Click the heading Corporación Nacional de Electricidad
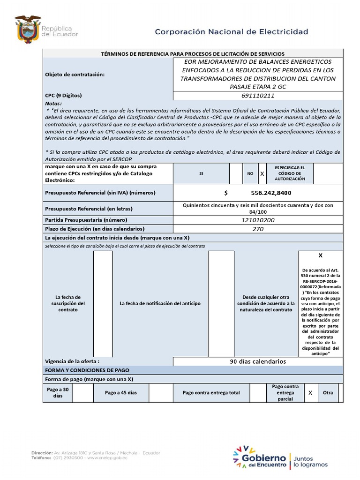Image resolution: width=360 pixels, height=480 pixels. pyautogui.click(x=232, y=32)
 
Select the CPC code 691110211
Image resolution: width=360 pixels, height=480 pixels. pyautogui.click(x=258, y=96)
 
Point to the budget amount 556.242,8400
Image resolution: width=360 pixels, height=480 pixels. pyautogui.click(x=271, y=193)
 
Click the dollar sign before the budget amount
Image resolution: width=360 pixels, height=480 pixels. pyautogui.click(x=226, y=193)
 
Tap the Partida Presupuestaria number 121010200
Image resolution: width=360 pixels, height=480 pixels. pyautogui.click(x=258, y=220)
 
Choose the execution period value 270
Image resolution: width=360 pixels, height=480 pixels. pyautogui.click(x=258, y=229)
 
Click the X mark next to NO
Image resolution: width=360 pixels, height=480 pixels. pyautogui.click(x=262, y=173)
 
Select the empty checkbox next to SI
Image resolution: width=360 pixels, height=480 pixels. pyautogui.click(x=235, y=173)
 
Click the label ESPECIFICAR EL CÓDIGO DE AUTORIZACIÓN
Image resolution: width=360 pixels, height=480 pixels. pyautogui.click(x=290, y=173)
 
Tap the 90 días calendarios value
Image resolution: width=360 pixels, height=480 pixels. pyautogui.click(x=258, y=361)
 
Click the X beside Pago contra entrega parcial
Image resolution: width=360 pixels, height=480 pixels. pyautogui.click(x=310, y=392)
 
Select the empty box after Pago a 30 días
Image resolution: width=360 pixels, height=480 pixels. pyautogui.click(x=83, y=392)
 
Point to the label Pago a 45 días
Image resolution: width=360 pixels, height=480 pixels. pyautogui.click(x=121, y=392)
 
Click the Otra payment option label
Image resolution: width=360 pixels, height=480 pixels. pyautogui.click(x=328, y=392)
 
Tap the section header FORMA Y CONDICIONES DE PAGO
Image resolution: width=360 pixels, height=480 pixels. pyautogui.click(x=86, y=370)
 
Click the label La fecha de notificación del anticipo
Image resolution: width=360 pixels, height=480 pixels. pyautogui.click(x=160, y=303)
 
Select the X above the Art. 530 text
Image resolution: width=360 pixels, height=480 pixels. pyautogui.click(x=321, y=256)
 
